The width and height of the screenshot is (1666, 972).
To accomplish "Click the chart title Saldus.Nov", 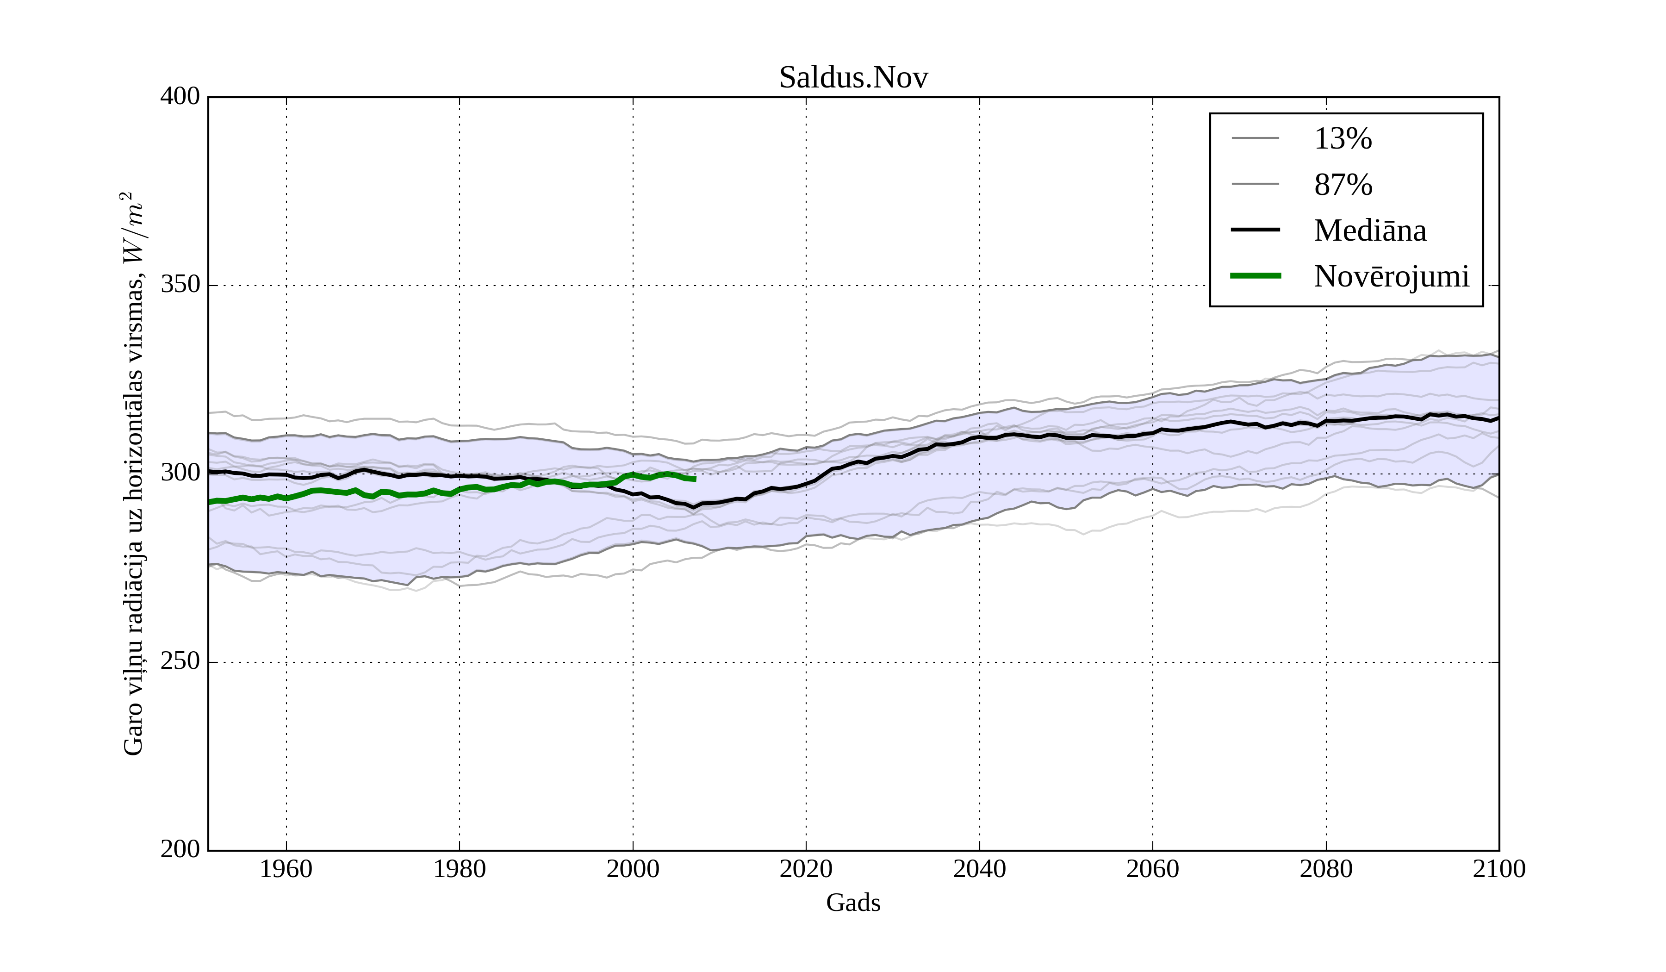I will click(x=853, y=78).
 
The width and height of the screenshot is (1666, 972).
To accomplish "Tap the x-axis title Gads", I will click(x=853, y=903).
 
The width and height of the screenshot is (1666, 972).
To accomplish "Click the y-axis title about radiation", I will click(x=133, y=474).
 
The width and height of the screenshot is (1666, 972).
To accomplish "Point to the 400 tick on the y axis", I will click(x=180, y=97).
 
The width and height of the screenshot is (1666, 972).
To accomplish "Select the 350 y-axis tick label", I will click(x=180, y=285).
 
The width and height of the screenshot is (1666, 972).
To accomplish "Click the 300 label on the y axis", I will click(x=180, y=474).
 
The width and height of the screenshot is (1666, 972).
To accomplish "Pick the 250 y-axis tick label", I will click(x=180, y=661).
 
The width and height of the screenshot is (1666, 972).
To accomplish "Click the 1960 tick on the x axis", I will click(x=286, y=869).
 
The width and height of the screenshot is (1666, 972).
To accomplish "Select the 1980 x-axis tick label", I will click(x=460, y=869).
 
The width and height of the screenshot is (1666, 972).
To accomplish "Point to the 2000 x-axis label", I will click(x=633, y=869).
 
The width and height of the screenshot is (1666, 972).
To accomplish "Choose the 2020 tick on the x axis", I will click(x=806, y=869).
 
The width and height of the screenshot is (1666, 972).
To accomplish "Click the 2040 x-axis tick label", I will click(x=979, y=869).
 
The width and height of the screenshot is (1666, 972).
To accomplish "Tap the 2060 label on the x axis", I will click(x=1152, y=869).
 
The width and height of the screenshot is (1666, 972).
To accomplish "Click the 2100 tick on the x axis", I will click(x=1499, y=869).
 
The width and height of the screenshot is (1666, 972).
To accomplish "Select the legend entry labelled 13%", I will click(x=1343, y=139).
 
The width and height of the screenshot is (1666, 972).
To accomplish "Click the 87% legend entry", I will click(x=1343, y=185).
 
